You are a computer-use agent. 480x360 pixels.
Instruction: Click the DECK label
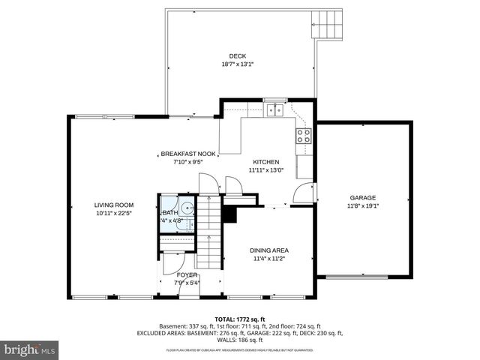[237, 56]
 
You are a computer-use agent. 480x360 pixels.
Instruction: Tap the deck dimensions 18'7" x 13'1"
[237, 64]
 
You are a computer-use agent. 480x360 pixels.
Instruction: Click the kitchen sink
[275, 110]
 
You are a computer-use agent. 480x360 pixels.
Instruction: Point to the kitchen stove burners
[304, 136]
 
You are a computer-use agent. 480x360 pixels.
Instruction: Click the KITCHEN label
[266, 162]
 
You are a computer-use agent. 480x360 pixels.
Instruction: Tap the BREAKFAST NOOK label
[188, 154]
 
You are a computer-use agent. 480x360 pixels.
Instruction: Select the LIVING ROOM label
[114, 205]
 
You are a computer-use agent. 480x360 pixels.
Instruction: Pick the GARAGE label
[363, 198]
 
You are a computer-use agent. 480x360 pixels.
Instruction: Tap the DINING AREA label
[270, 250]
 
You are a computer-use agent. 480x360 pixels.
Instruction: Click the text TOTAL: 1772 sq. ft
[240, 319]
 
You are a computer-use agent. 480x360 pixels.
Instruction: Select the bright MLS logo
[30, 349]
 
